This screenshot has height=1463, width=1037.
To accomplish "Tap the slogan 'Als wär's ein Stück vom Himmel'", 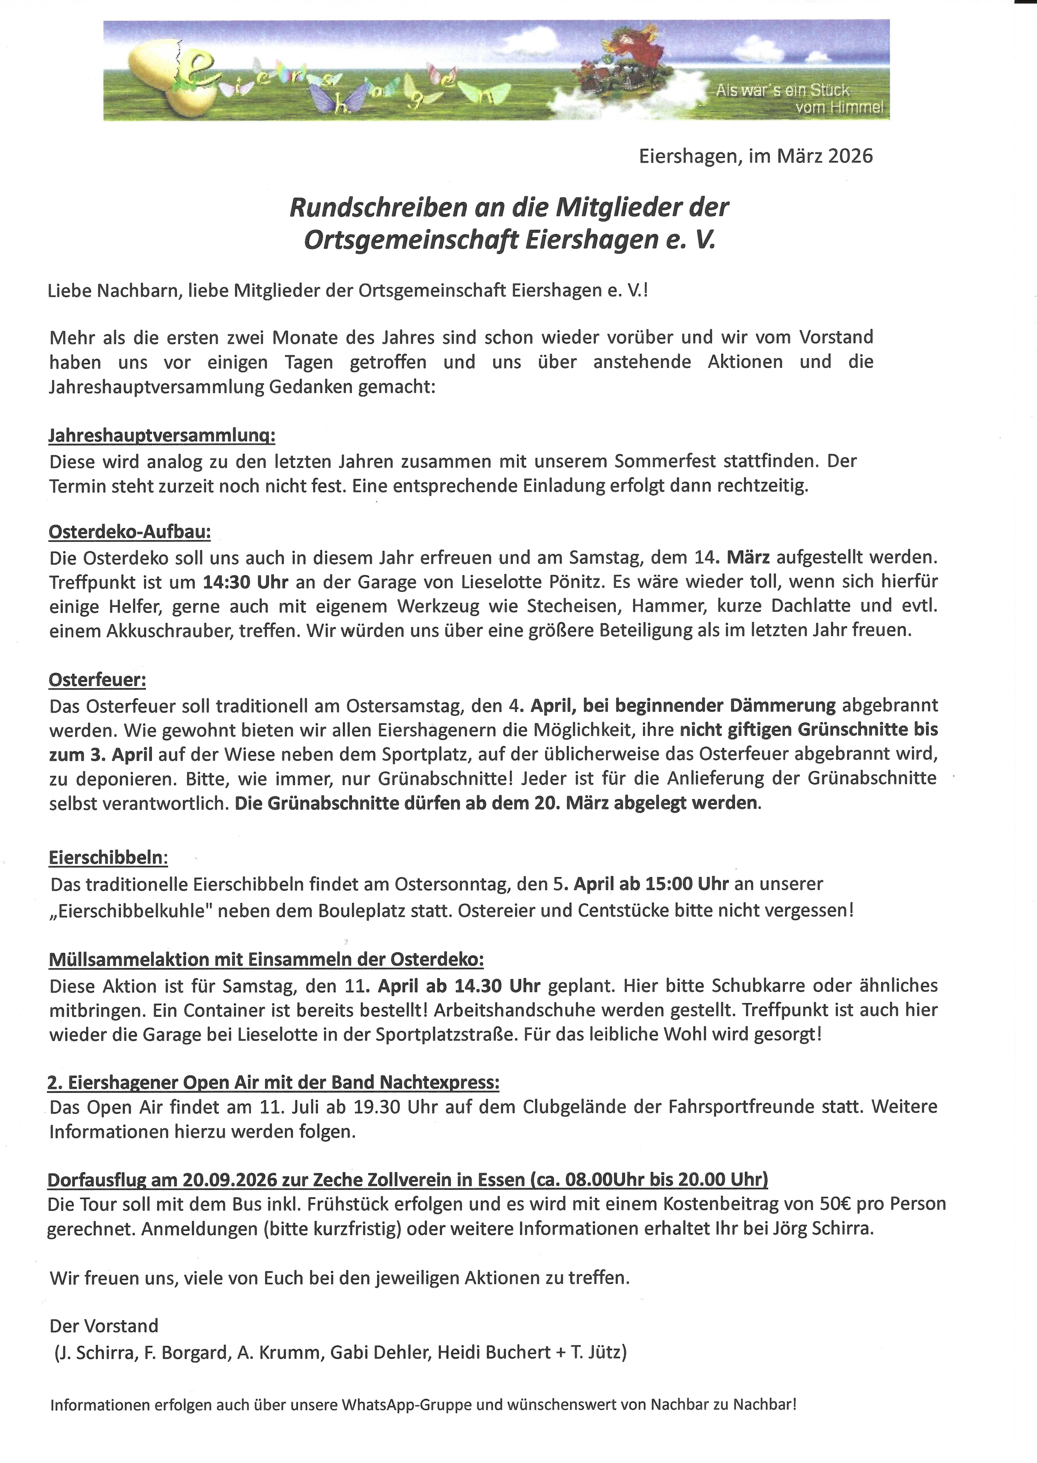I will [x=800, y=99].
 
